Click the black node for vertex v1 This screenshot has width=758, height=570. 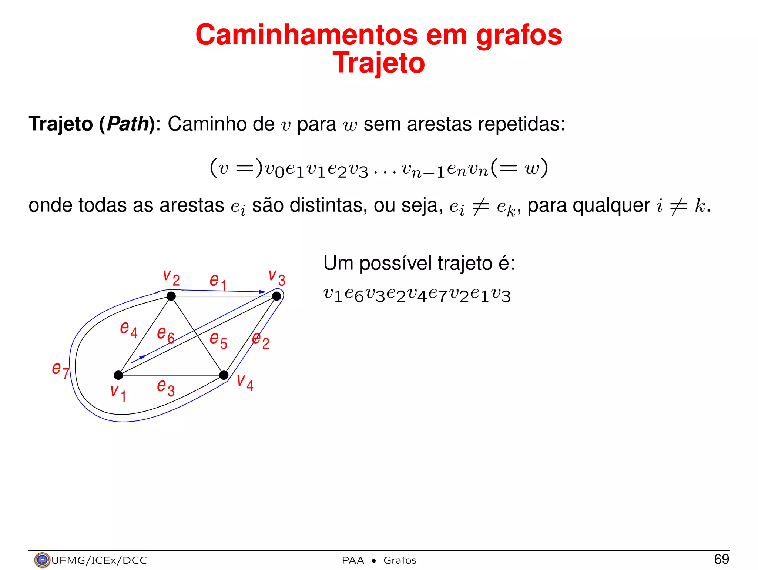[x=118, y=375]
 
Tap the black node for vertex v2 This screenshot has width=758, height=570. [x=171, y=296]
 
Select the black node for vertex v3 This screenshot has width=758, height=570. [x=276, y=296]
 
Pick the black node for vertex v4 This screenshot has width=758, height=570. [x=224, y=375]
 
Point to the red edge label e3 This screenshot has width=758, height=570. [x=165, y=387]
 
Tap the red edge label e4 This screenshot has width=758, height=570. [x=128, y=329]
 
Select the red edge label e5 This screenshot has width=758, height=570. [x=218, y=339]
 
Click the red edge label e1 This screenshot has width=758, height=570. [x=218, y=282]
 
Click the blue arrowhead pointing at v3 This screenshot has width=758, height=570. [x=262, y=292]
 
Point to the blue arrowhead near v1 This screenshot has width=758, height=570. [x=141, y=358]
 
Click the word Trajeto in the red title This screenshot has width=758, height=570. [x=379, y=63]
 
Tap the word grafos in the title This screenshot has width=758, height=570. [x=519, y=35]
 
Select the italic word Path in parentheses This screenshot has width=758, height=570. [x=128, y=124]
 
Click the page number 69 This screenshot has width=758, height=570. [x=721, y=559]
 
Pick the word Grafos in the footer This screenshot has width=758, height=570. [x=400, y=560]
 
